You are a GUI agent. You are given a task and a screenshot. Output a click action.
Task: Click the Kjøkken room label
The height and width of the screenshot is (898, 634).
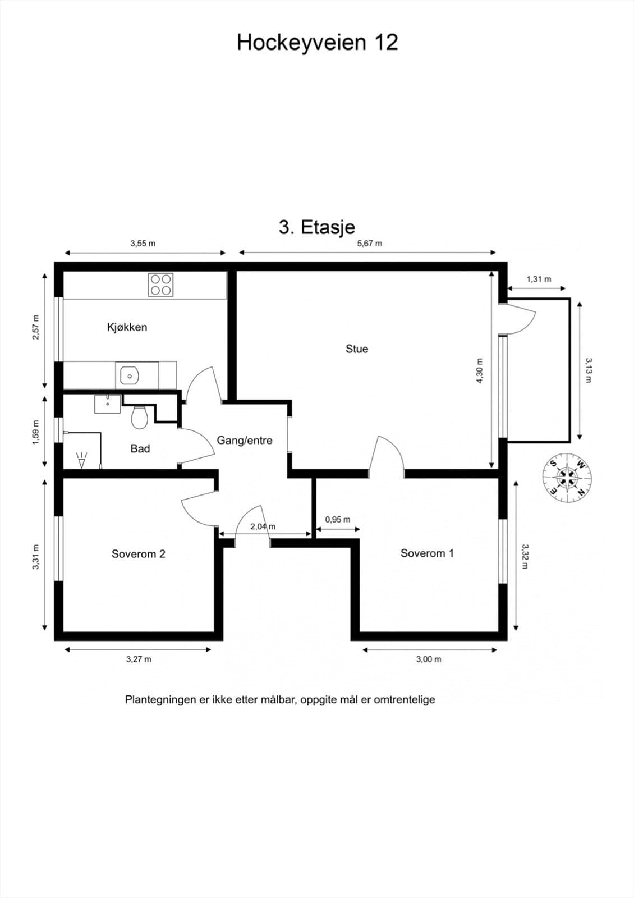point(127,327)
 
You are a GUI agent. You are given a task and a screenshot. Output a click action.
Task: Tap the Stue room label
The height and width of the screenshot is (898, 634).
point(357,349)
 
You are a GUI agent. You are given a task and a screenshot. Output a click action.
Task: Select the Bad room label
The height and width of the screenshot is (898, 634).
point(140,448)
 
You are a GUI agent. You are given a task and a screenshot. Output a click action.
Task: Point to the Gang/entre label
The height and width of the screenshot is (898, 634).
point(245,440)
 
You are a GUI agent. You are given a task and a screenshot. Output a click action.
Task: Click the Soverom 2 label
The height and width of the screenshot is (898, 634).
point(138,553)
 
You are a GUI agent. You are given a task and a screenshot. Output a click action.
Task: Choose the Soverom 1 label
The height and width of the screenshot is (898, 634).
point(427,553)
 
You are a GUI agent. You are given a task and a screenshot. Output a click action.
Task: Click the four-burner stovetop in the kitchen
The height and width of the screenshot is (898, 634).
point(160,285)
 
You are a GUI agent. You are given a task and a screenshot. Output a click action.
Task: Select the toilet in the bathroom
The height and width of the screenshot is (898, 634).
point(140,418)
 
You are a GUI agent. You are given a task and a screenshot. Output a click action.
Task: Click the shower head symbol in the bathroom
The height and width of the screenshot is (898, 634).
point(82,460)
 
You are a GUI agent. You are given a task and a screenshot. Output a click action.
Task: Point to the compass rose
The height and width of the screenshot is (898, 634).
point(567,477)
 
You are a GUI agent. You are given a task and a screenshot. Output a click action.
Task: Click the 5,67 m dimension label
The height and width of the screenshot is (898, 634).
point(370,243)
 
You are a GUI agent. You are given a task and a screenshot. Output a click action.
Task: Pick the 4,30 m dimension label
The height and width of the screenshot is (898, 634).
point(480,371)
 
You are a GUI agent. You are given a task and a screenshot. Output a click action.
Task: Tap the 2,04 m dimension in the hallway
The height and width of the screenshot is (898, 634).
point(263,526)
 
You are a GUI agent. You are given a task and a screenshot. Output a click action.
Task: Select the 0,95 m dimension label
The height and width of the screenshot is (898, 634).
point(337,520)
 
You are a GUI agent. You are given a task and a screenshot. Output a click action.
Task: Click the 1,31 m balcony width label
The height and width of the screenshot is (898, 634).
point(539,279)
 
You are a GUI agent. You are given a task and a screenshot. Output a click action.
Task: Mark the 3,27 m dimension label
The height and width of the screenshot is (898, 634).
point(139,659)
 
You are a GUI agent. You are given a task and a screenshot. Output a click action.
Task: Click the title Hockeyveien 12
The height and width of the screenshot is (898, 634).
point(318,42)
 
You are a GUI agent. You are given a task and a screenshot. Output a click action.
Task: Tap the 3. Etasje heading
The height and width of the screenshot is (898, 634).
point(317,227)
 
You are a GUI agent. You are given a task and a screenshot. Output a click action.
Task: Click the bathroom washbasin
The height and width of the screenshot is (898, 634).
point(107,404)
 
